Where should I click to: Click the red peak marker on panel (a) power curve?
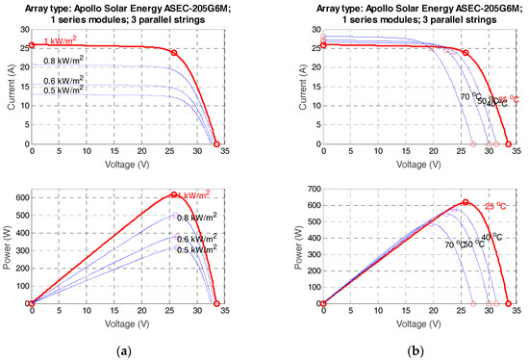click(173, 195)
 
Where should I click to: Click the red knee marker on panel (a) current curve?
click(173, 53)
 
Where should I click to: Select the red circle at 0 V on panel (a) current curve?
click(32, 44)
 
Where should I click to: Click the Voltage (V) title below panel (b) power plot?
click(419, 325)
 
